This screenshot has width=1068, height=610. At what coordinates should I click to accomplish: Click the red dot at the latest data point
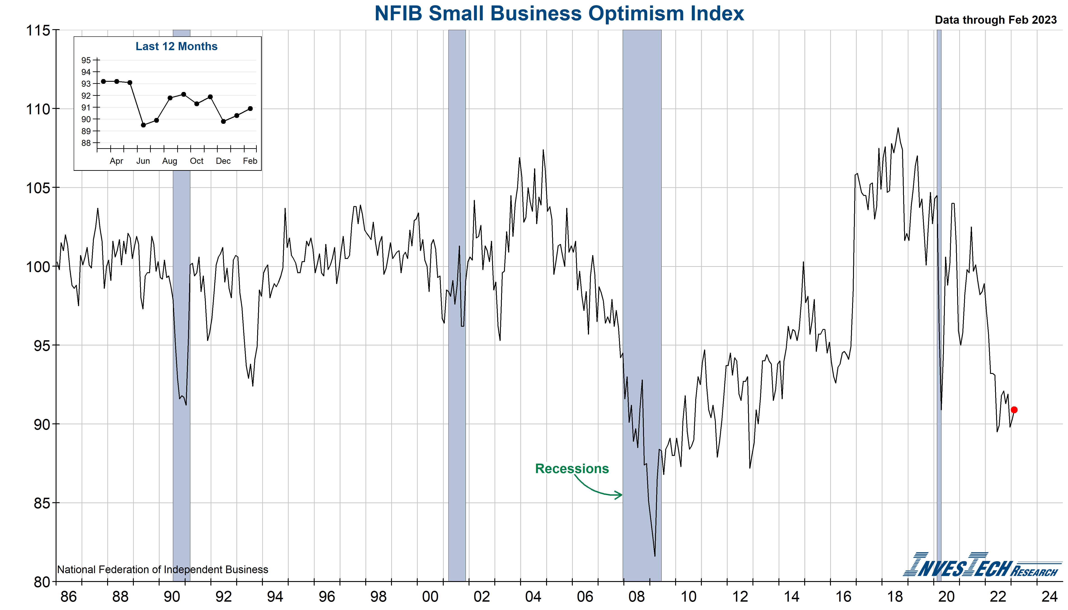1014,410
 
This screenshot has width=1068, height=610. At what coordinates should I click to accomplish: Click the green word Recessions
572,468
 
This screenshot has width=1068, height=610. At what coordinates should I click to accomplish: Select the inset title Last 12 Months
177,47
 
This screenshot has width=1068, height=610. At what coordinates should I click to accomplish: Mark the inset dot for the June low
143,125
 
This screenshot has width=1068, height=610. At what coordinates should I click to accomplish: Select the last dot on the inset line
250,108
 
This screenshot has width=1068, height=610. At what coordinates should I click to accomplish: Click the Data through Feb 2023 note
995,20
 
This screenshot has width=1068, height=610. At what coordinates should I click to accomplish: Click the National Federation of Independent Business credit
163,570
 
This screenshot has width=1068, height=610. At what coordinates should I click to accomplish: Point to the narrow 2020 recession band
939,293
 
